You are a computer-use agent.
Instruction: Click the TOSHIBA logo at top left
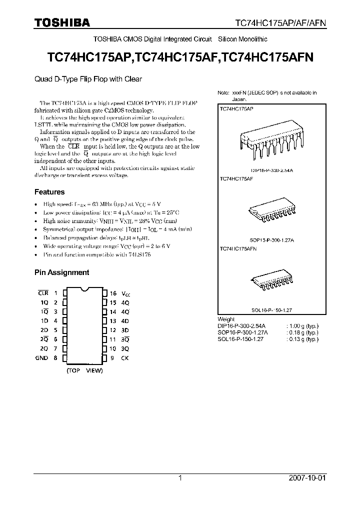click(x=62, y=22)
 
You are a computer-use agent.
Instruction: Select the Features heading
click(x=49, y=191)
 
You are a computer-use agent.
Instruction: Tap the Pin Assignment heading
click(x=61, y=272)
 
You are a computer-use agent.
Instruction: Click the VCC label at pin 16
click(x=126, y=293)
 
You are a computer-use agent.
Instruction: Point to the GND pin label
click(x=41, y=357)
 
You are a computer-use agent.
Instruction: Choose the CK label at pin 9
click(x=125, y=357)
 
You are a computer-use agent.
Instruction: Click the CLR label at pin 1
click(x=43, y=293)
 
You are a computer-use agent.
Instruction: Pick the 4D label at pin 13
click(x=125, y=321)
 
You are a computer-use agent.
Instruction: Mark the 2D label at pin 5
click(x=44, y=330)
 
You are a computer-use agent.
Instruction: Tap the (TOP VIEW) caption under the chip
click(x=84, y=370)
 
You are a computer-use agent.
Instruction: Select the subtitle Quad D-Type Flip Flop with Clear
click(x=88, y=78)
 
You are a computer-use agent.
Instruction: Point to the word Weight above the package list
click(x=226, y=319)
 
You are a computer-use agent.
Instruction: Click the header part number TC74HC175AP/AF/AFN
click(x=288, y=23)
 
